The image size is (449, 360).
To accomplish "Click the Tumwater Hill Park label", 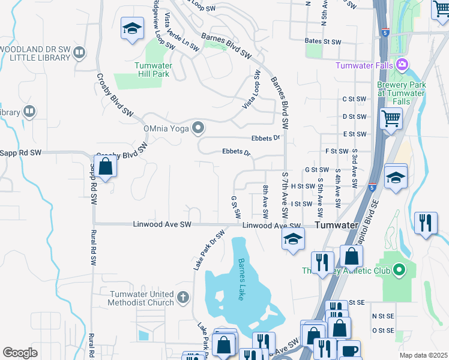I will pos(152,70).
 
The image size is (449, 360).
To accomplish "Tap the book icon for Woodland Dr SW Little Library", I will pos(79,53).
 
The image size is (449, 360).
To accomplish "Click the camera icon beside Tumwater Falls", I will pos(402,65).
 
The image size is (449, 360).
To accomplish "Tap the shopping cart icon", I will pos(391,119).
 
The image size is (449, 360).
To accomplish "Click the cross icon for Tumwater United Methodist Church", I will pos(183,296).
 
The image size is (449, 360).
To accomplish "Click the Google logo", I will pos(20,352).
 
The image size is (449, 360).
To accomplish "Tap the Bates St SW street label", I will pos(323,42).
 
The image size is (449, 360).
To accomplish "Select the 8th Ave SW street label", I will pos(265,202).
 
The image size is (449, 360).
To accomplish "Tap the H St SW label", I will pos(303,187).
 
